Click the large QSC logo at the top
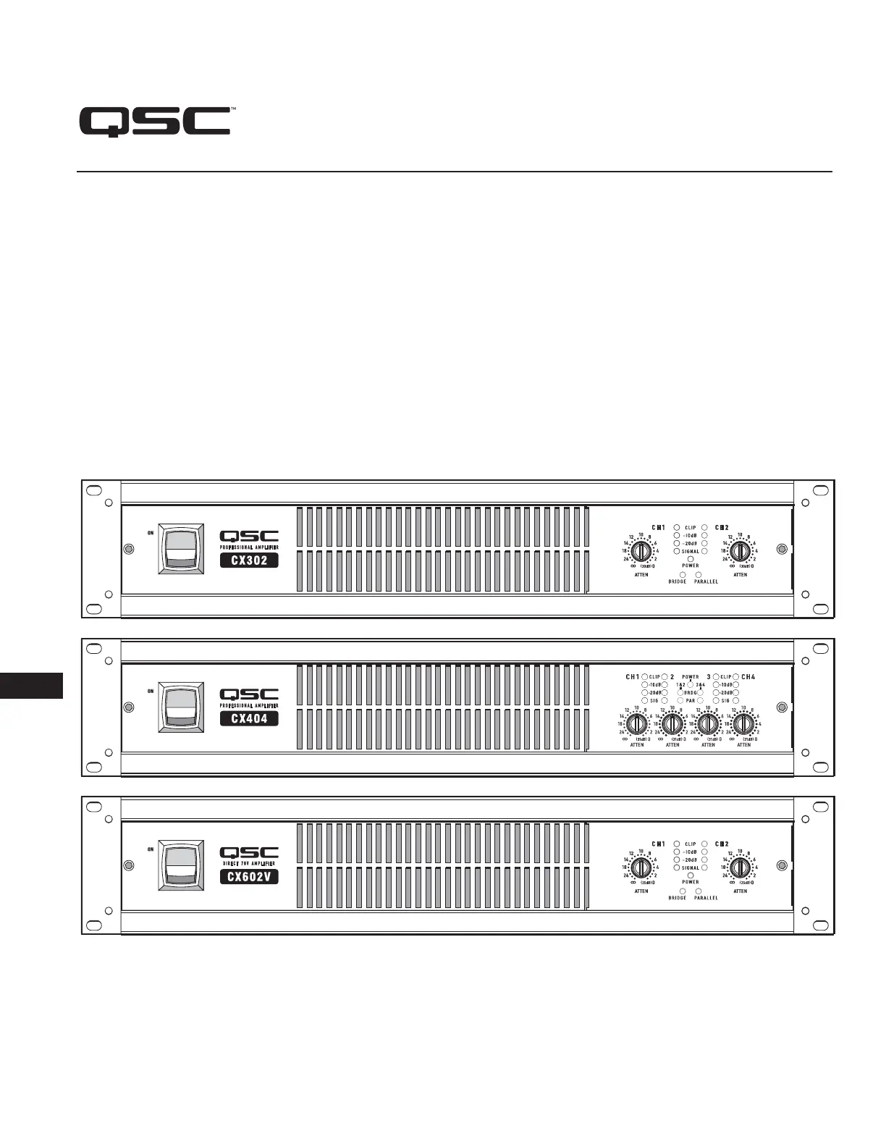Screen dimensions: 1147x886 coord(155,122)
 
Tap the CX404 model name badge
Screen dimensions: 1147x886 coord(249,718)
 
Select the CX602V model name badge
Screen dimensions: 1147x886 coord(249,877)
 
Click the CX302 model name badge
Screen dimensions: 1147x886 coord(249,560)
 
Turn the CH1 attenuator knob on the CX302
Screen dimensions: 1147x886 coord(639,551)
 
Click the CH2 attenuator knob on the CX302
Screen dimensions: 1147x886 coord(739,551)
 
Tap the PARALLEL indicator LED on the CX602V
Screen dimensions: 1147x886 coord(699,891)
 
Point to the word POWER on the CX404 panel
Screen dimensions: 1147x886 coord(691,677)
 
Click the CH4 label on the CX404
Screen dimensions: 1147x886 coord(748,677)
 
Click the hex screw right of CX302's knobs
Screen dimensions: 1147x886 coord(782,549)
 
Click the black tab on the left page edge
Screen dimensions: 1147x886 coord(31,685)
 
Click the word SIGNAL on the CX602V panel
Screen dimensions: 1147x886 coord(691,867)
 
